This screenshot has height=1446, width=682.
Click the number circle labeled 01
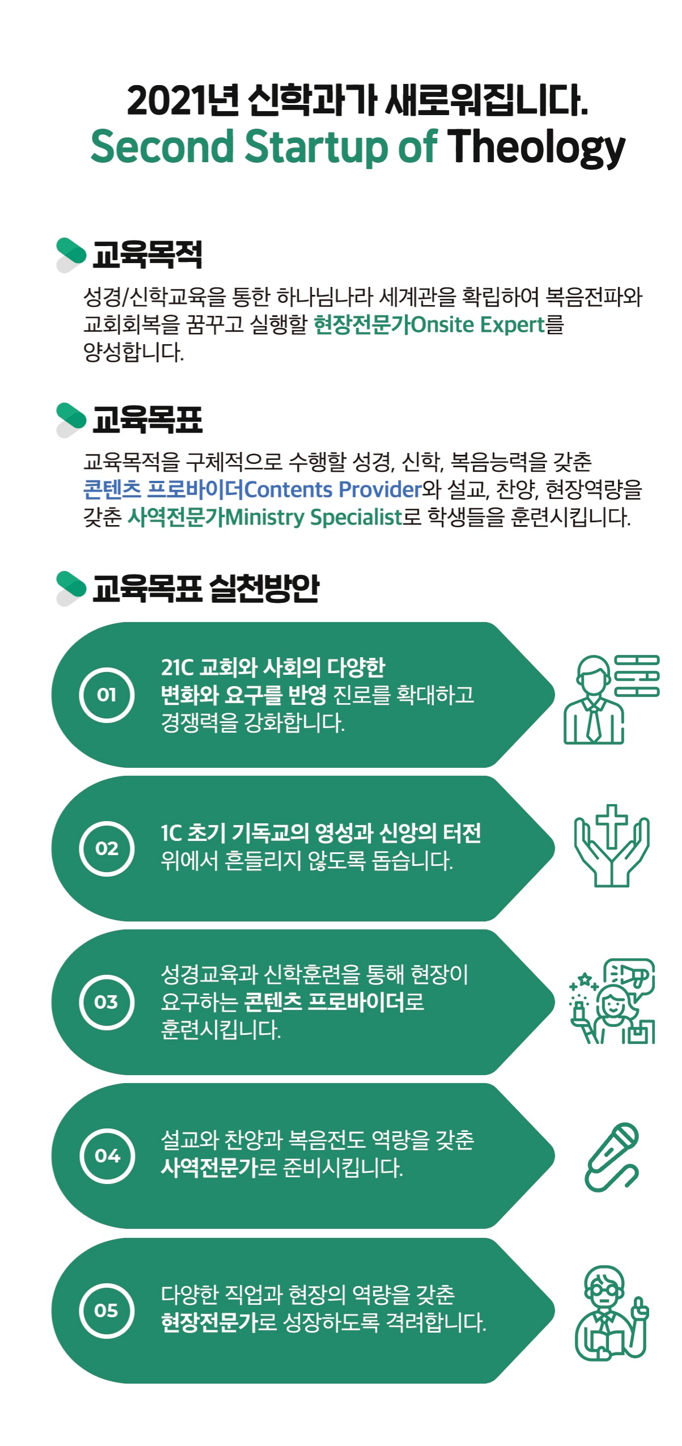[x=107, y=695]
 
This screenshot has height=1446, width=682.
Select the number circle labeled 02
[x=107, y=848]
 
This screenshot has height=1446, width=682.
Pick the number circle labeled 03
[x=107, y=1002]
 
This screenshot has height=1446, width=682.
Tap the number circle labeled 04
[x=107, y=1156]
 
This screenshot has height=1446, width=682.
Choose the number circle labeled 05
[x=107, y=1310]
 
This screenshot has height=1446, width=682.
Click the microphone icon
[x=611, y=1157]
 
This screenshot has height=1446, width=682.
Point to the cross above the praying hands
[x=611, y=826]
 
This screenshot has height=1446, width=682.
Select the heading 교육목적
[x=147, y=254]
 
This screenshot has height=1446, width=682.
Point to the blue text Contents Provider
[x=333, y=489]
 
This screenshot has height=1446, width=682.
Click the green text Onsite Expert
[x=477, y=325]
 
